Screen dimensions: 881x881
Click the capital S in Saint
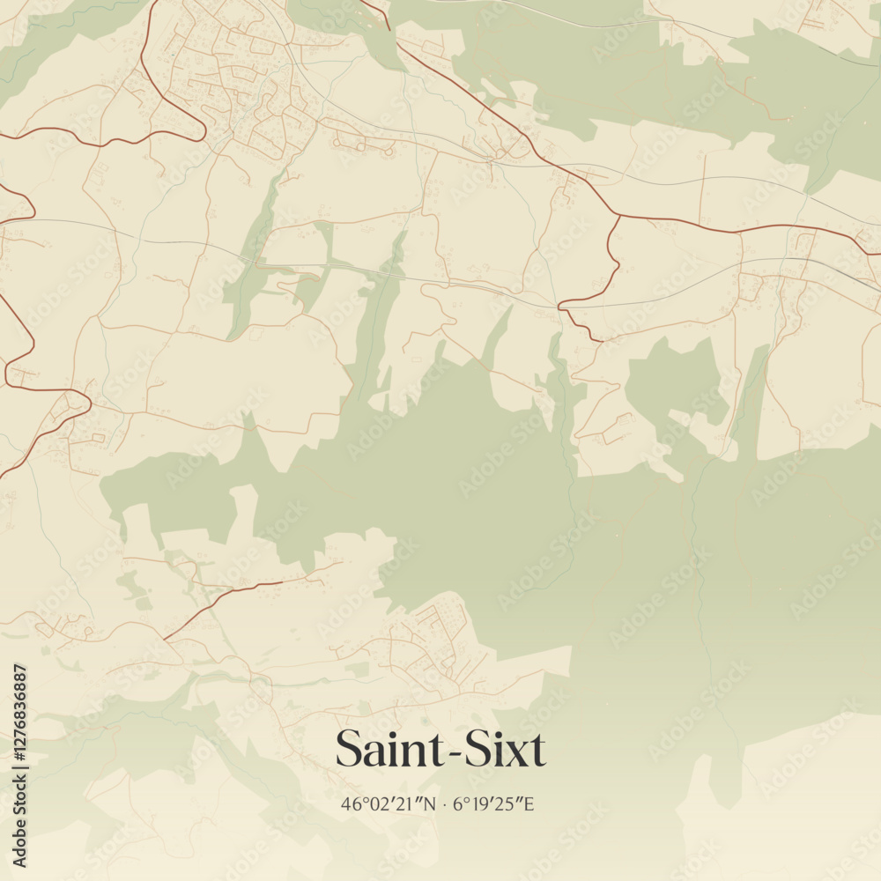[x=347, y=750]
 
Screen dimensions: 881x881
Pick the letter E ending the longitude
[x=535, y=803]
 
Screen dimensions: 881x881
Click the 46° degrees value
[x=353, y=803]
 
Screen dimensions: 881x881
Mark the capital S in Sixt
[x=477, y=750]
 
